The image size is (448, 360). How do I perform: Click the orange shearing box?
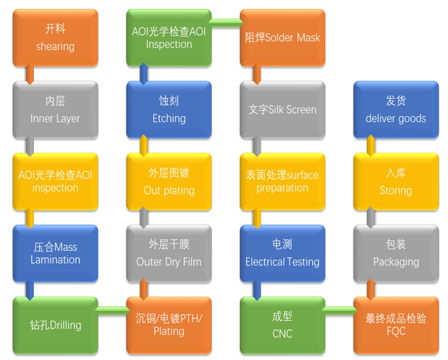tap(55, 37)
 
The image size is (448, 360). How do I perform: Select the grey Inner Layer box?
tap(55, 109)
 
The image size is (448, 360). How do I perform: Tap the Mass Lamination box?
tap(55, 254)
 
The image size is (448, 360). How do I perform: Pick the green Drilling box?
tap(55, 325)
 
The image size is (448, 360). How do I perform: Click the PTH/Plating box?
tap(169, 325)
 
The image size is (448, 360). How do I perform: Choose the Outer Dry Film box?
tap(169, 254)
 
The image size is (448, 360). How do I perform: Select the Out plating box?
tap(169, 182)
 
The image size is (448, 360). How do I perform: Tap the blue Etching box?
tap(169, 109)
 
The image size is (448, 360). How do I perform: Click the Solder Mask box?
tap(282, 37)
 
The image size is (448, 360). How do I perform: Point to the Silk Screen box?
tap(282, 109)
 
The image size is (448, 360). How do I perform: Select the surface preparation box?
tap(282, 182)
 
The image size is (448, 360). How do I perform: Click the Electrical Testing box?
tap(282, 254)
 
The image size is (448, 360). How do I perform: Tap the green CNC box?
tap(282, 325)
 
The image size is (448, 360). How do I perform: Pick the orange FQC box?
tap(396, 325)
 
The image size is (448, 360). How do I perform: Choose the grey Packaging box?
tap(396, 254)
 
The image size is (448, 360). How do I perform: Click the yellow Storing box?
tap(396, 182)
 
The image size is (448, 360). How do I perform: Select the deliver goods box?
tap(396, 109)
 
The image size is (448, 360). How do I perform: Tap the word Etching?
tap(169, 118)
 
